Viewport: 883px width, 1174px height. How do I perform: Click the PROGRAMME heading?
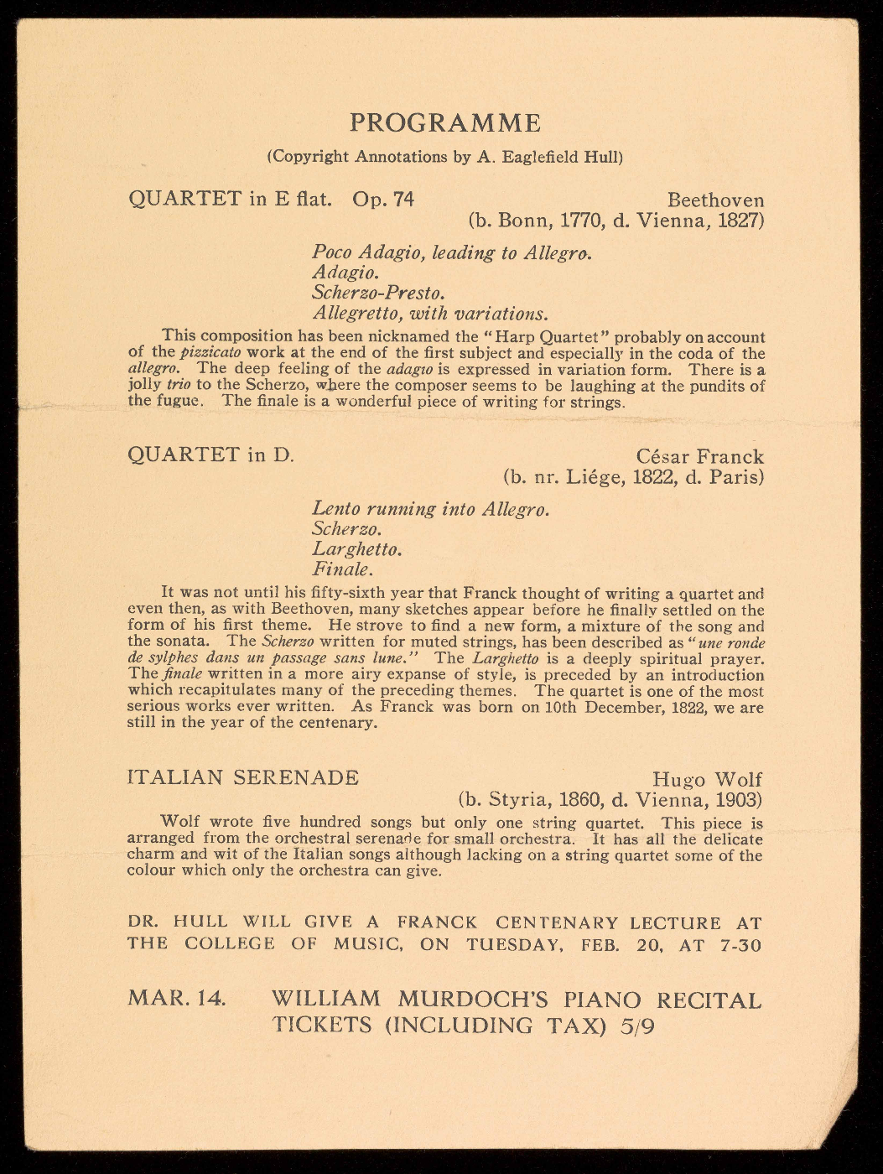pyautogui.click(x=445, y=123)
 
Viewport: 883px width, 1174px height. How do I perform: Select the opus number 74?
pyautogui.click(x=402, y=200)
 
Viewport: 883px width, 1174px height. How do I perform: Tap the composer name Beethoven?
pyautogui.click(x=715, y=201)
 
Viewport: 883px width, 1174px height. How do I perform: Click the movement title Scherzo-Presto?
pyautogui.click(x=378, y=293)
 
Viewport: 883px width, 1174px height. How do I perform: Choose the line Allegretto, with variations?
pyautogui.click(x=430, y=314)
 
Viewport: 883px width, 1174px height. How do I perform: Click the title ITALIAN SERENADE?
pyautogui.click(x=243, y=777)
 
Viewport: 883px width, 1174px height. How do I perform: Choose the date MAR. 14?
pyautogui.click(x=176, y=1000)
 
